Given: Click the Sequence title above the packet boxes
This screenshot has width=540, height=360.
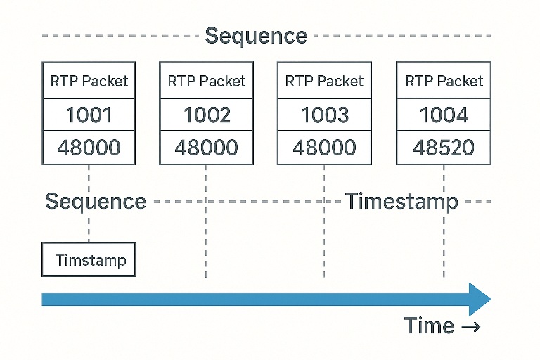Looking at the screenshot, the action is pos(256,36).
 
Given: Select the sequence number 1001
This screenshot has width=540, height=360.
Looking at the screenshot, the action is pos(89,115).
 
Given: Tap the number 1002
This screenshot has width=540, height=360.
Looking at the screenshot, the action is pos(207,115).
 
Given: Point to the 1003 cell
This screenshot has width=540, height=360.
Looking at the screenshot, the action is pos(324,115).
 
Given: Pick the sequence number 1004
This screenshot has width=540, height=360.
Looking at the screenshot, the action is pos(444,115).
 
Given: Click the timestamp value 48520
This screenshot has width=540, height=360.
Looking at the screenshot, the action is pos(444,148).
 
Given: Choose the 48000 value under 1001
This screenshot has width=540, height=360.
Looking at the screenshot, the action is pos(89,148).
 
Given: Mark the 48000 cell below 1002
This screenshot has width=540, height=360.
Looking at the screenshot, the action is pos(206,148).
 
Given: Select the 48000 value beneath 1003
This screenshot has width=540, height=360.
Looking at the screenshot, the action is pos(324,148).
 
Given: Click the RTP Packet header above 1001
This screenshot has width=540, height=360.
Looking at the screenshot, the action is pos(89,82).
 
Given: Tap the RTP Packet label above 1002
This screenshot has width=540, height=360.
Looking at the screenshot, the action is pos(207,82).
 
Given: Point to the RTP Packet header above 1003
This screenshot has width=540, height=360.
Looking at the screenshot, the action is pos(324,82).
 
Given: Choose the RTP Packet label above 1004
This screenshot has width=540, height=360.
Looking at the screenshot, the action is pos(444,82).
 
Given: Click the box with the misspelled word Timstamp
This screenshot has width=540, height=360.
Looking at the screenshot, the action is pos(89,259).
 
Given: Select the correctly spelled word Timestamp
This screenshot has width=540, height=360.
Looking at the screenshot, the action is pos(401,202).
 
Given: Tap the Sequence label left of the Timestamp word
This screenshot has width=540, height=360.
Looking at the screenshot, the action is pos(96,202).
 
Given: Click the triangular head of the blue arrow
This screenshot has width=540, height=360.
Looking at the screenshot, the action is pos(480,300).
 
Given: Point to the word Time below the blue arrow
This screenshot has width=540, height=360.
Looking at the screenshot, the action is pos(429,326).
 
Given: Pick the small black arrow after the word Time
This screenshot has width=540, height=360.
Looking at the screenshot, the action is pos(470,326).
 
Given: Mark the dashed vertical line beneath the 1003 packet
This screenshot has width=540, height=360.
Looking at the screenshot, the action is pos(324,221).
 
